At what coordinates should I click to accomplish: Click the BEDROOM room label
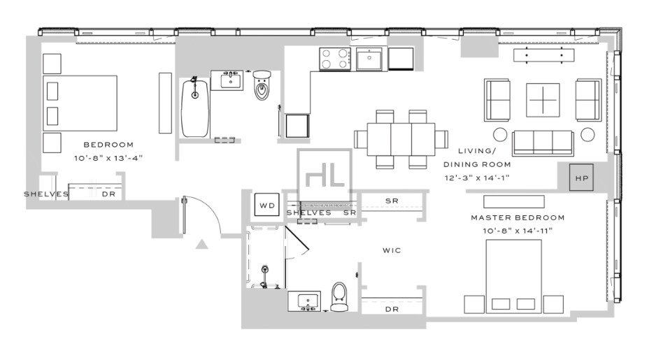(x=108, y=145)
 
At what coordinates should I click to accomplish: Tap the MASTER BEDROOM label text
(x=517, y=217)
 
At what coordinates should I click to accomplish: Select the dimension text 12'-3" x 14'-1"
(x=478, y=178)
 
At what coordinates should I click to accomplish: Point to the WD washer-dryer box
(x=267, y=206)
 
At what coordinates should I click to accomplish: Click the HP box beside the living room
(x=581, y=178)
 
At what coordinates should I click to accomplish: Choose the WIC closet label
(x=391, y=250)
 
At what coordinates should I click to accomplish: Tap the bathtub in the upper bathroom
(x=195, y=108)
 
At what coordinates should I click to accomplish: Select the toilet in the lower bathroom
(x=339, y=297)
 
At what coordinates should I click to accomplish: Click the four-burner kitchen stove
(x=335, y=59)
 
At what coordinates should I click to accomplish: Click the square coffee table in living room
(x=543, y=100)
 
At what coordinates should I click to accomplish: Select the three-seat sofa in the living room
(x=543, y=143)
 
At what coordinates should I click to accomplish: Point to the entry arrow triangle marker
(x=201, y=244)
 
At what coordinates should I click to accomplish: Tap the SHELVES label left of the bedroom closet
(x=46, y=194)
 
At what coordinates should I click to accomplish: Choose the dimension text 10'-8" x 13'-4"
(x=108, y=158)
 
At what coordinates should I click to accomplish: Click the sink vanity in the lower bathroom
(x=306, y=301)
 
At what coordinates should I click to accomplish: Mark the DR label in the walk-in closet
(x=392, y=308)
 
